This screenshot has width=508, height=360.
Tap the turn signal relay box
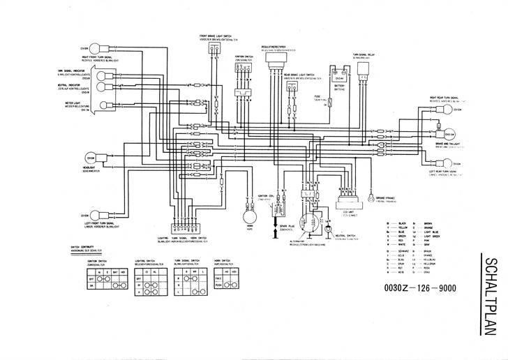pyautogui.click(x=363, y=68)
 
